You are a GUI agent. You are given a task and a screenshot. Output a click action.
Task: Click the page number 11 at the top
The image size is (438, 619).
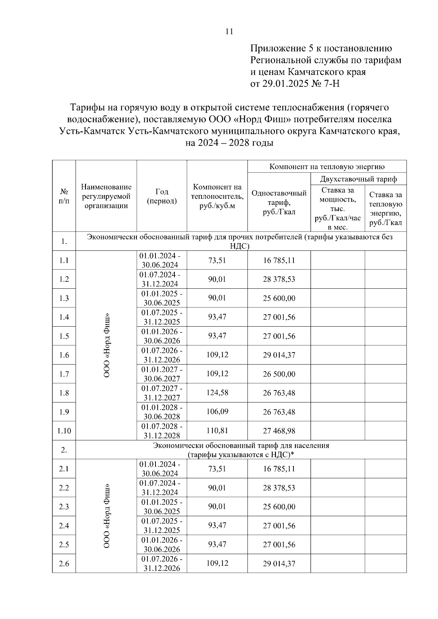pyautogui.click(x=229, y=32)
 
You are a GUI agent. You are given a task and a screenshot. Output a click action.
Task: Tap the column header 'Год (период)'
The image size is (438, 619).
pyautogui.click(x=162, y=196)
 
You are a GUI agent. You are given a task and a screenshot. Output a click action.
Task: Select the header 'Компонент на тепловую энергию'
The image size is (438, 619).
pyautogui.click(x=327, y=167)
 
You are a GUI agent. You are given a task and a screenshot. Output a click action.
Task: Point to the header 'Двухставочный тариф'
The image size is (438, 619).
pyautogui.click(x=358, y=179)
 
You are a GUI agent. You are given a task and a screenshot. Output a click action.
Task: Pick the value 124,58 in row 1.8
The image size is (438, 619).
pyautogui.click(x=217, y=393)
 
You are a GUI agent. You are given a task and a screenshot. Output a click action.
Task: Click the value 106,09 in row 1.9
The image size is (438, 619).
pyautogui.click(x=217, y=412)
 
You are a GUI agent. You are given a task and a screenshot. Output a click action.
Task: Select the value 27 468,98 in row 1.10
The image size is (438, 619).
pyautogui.click(x=279, y=431)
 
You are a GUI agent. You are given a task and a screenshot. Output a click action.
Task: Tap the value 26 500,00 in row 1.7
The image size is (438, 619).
pyautogui.click(x=279, y=374)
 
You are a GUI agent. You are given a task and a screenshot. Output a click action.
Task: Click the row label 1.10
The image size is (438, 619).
pyautogui.click(x=64, y=431)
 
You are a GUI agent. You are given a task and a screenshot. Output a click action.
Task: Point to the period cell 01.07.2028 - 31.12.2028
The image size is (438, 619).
pyautogui.click(x=162, y=431)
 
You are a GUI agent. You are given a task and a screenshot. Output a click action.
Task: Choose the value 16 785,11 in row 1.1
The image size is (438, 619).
pyautogui.click(x=279, y=260)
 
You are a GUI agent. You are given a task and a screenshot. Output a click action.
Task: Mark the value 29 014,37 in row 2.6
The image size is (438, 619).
pyautogui.click(x=279, y=564)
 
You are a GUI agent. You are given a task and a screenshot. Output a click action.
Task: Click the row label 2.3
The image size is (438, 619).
pyautogui.click(x=64, y=507)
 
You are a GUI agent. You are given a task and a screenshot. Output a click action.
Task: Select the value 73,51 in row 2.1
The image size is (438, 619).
pyautogui.click(x=217, y=469)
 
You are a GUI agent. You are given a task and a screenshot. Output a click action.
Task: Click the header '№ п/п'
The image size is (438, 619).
pyautogui.click(x=64, y=196)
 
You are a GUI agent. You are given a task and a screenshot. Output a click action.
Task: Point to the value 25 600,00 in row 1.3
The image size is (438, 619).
pyautogui.click(x=279, y=298)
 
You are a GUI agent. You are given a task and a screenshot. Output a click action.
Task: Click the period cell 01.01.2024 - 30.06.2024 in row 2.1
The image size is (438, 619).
pyautogui.click(x=162, y=469)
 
